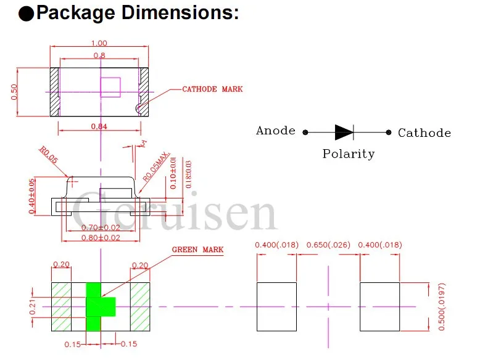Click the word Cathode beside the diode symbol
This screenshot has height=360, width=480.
(424, 133)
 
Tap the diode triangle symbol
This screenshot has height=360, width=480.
(343, 132)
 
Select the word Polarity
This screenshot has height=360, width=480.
(348, 154)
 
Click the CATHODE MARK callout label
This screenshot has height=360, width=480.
(212, 89)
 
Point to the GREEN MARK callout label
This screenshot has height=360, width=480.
(197, 250)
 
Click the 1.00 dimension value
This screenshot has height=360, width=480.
(99, 43)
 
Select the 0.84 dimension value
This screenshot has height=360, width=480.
(99, 127)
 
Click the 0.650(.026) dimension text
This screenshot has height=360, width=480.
(328, 245)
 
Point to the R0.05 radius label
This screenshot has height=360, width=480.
(48, 154)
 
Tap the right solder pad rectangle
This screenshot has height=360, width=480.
(380, 306)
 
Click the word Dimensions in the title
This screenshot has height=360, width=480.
(180, 13)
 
